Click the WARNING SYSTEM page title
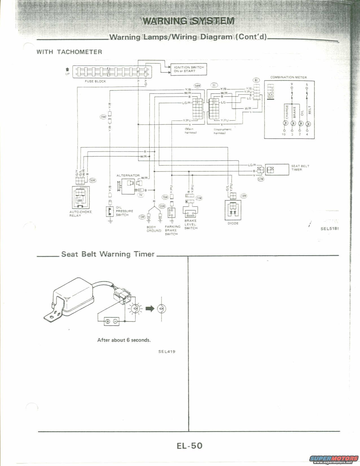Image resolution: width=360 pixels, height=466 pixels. [188, 21]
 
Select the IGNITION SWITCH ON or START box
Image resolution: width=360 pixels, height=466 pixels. [189, 69]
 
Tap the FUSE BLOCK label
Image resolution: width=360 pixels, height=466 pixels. [95, 81]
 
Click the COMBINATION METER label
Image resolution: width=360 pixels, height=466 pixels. [288, 77]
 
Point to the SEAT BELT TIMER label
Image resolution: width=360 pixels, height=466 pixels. [300, 168]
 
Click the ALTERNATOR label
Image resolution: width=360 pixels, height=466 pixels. [128, 175]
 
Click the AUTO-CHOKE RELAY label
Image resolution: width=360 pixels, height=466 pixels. [80, 214]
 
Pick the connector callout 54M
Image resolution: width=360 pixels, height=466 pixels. [197, 86]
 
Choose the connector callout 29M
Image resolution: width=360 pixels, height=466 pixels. [103, 117]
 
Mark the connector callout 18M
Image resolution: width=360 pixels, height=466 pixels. [243, 196]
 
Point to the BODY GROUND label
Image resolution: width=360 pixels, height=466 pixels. [154, 229]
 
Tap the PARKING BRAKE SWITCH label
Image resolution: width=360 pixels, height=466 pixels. [173, 230]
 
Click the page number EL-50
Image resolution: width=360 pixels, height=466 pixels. [190, 446]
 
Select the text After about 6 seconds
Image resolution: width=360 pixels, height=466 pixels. [124, 340]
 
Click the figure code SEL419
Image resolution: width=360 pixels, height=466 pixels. [167, 352]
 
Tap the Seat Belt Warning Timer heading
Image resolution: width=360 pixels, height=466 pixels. [108, 254]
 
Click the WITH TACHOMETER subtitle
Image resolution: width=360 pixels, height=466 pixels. [69, 52]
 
